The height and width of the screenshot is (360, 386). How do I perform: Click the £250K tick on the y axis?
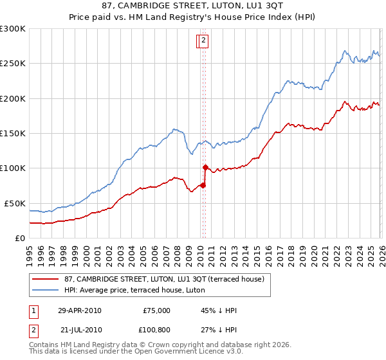(13, 64)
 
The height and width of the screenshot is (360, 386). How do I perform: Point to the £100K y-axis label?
(13, 168)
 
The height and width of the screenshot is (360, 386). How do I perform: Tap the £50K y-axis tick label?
(15, 203)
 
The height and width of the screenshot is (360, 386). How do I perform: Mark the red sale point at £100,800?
(205, 167)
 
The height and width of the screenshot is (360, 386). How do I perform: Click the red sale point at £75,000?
(203, 185)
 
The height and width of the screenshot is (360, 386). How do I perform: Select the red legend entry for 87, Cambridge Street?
(167, 279)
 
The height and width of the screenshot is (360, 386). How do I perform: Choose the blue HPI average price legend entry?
(134, 290)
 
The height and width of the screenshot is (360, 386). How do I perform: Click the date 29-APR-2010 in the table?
(79, 310)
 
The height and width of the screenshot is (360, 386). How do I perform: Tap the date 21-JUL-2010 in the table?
(81, 329)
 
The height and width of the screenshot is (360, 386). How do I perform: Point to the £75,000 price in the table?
(156, 310)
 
